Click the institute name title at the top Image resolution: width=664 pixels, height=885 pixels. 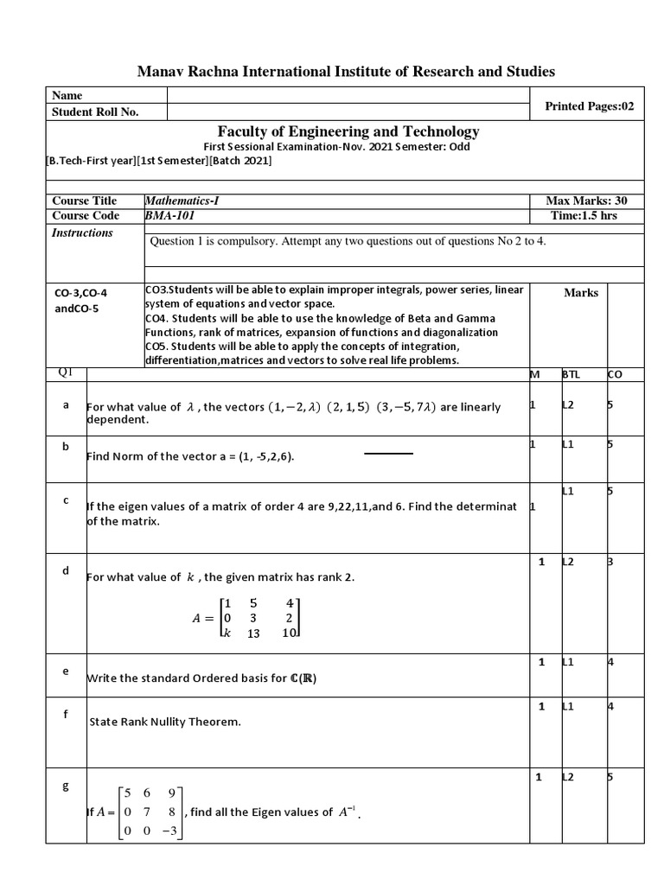coord(346,71)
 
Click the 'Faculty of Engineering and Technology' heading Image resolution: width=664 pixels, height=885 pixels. coord(348,131)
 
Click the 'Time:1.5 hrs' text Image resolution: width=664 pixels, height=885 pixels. coord(584,216)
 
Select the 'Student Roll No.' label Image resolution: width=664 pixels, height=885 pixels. coord(95,111)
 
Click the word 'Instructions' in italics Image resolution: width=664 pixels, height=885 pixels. coord(82,232)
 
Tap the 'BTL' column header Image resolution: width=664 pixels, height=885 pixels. coord(571,375)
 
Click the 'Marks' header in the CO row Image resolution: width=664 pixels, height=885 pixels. coord(581,293)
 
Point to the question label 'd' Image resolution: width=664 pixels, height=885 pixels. coord(65,570)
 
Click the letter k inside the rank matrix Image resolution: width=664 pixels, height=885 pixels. coord(227,634)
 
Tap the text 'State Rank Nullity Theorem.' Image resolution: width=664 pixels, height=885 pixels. coord(165,722)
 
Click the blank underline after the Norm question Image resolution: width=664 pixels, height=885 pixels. coord(388,452)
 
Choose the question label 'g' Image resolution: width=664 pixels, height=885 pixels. coord(65,786)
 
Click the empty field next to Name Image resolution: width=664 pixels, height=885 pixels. coord(347,96)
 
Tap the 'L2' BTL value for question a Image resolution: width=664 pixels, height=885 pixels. coord(568,404)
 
